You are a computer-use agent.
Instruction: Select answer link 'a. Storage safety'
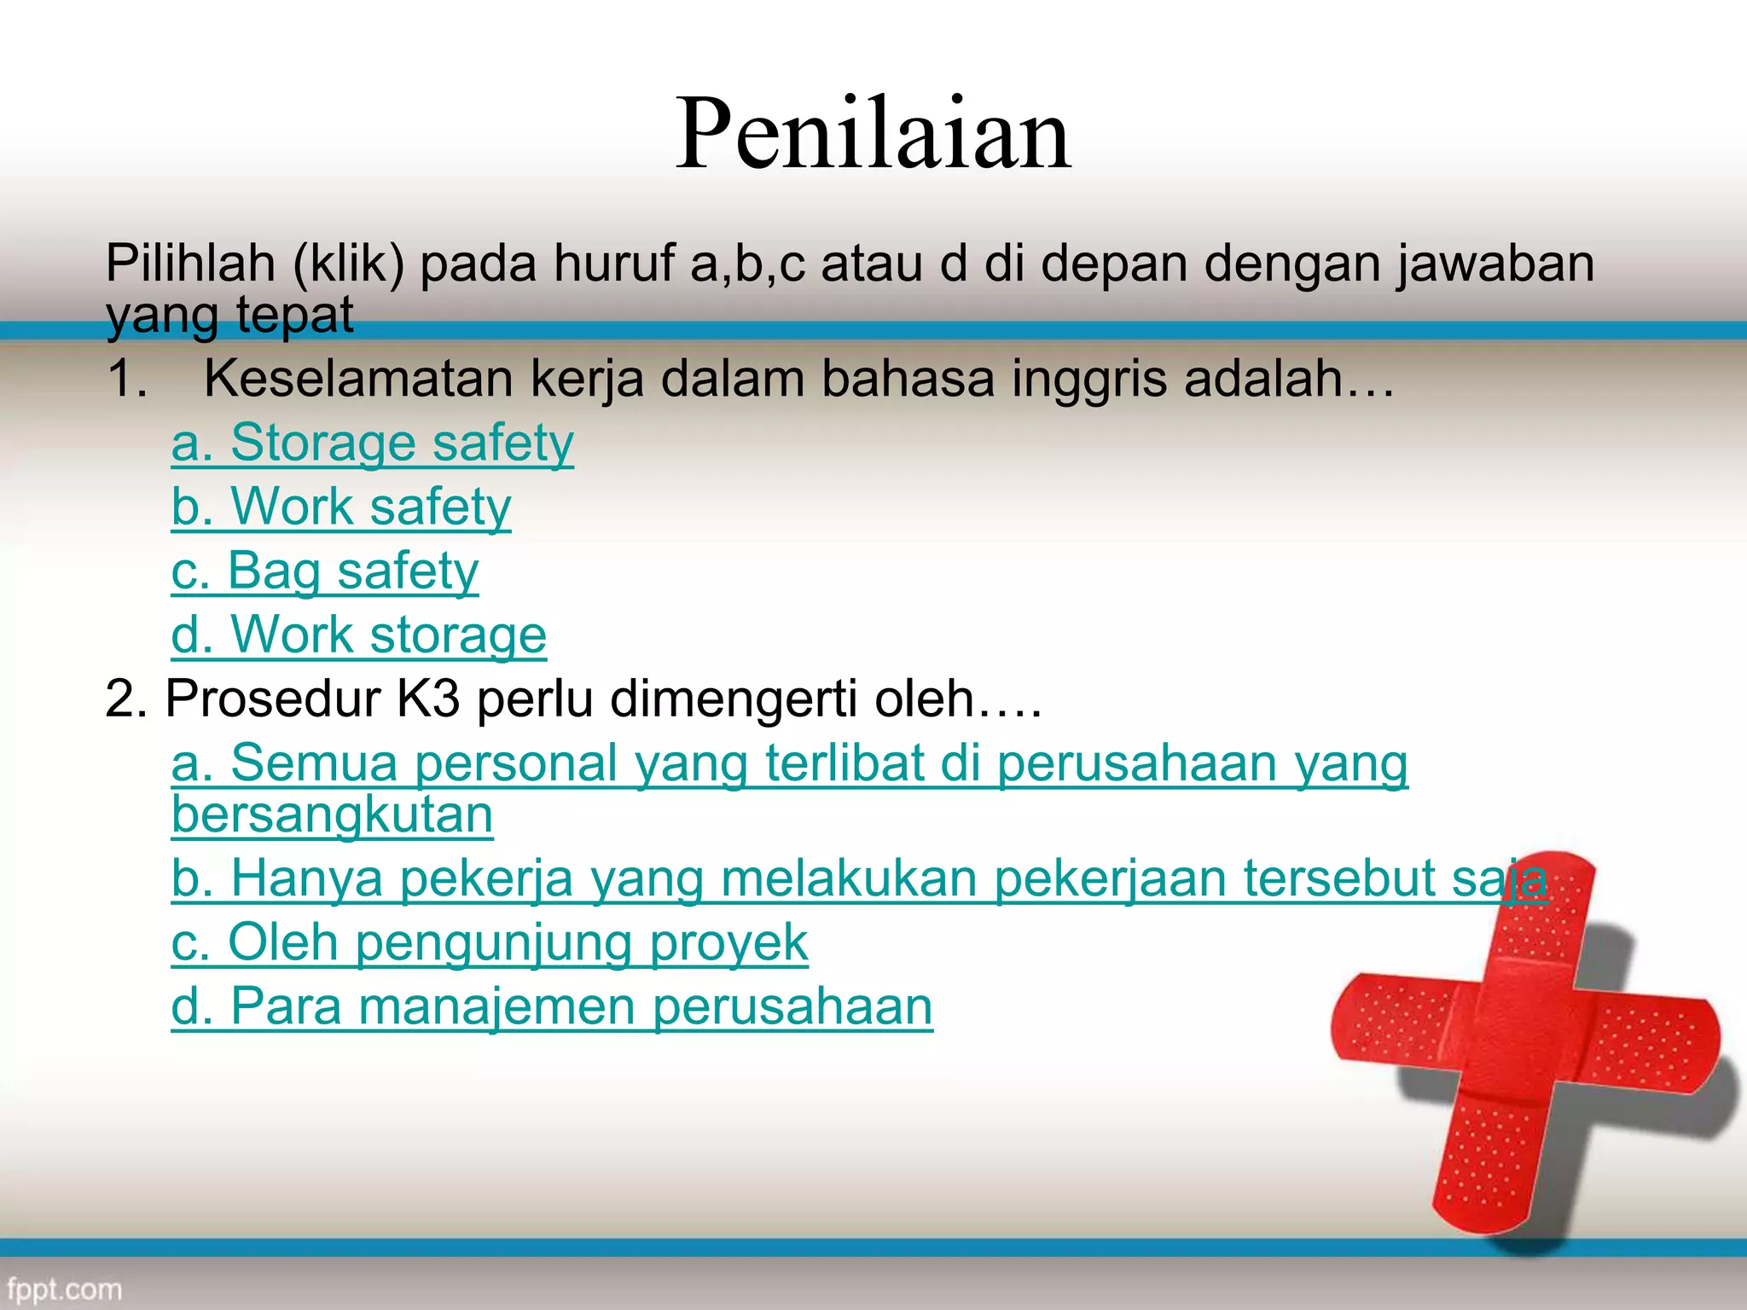(373, 443)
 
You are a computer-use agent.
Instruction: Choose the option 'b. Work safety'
(341, 507)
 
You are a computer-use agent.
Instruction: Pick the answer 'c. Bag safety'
(325, 571)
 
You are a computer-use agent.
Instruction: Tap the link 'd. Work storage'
(358, 635)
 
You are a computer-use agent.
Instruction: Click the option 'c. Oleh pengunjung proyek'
(490, 942)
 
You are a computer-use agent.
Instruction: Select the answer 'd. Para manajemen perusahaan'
(552, 1006)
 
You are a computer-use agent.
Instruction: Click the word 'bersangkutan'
(332, 814)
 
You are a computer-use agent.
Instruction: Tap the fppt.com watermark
(64, 1289)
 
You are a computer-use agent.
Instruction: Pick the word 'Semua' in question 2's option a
(314, 762)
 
